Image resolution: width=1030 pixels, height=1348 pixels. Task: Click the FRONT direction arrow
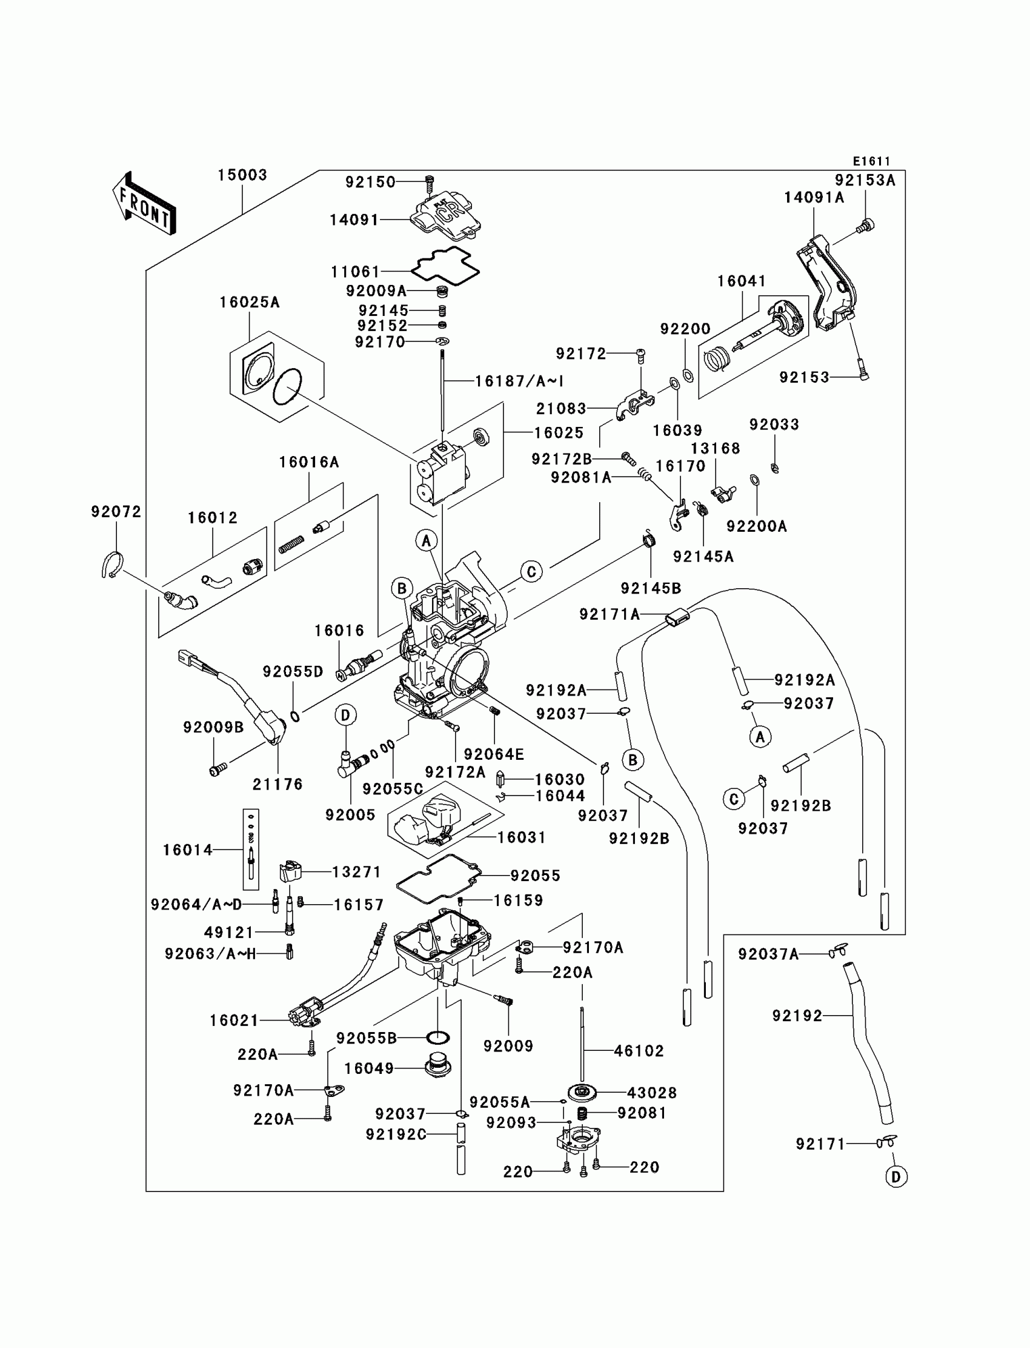point(144,204)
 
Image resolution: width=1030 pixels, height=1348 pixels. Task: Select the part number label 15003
point(243,175)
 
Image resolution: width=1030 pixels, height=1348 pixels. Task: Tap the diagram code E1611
point(872,161)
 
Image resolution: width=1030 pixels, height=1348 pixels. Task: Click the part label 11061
point(356,271)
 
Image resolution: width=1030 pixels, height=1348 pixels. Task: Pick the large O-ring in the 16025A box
point(287,386)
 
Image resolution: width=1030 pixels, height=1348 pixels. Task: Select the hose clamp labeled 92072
point(113,565)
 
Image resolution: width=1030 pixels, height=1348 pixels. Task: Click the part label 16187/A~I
point(519,381)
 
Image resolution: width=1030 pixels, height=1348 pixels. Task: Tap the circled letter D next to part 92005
point(346,715)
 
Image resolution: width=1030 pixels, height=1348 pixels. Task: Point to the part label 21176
point(277,784)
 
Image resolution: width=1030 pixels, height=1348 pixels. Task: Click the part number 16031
point(521,837)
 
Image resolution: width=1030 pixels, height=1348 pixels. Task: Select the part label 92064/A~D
point(197,904)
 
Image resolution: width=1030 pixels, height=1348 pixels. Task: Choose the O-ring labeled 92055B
point(437,1038)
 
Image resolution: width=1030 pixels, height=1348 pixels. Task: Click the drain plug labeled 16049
point(437,1067)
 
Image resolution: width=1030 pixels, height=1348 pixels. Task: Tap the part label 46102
point(639,1050)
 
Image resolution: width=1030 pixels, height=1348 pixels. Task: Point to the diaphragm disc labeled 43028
point(582,1092)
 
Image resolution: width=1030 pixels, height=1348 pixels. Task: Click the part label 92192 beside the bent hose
point(797,1016)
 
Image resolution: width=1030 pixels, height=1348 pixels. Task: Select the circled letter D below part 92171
point(895,1177)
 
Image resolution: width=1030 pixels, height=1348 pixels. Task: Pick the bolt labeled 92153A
point(866,226)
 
